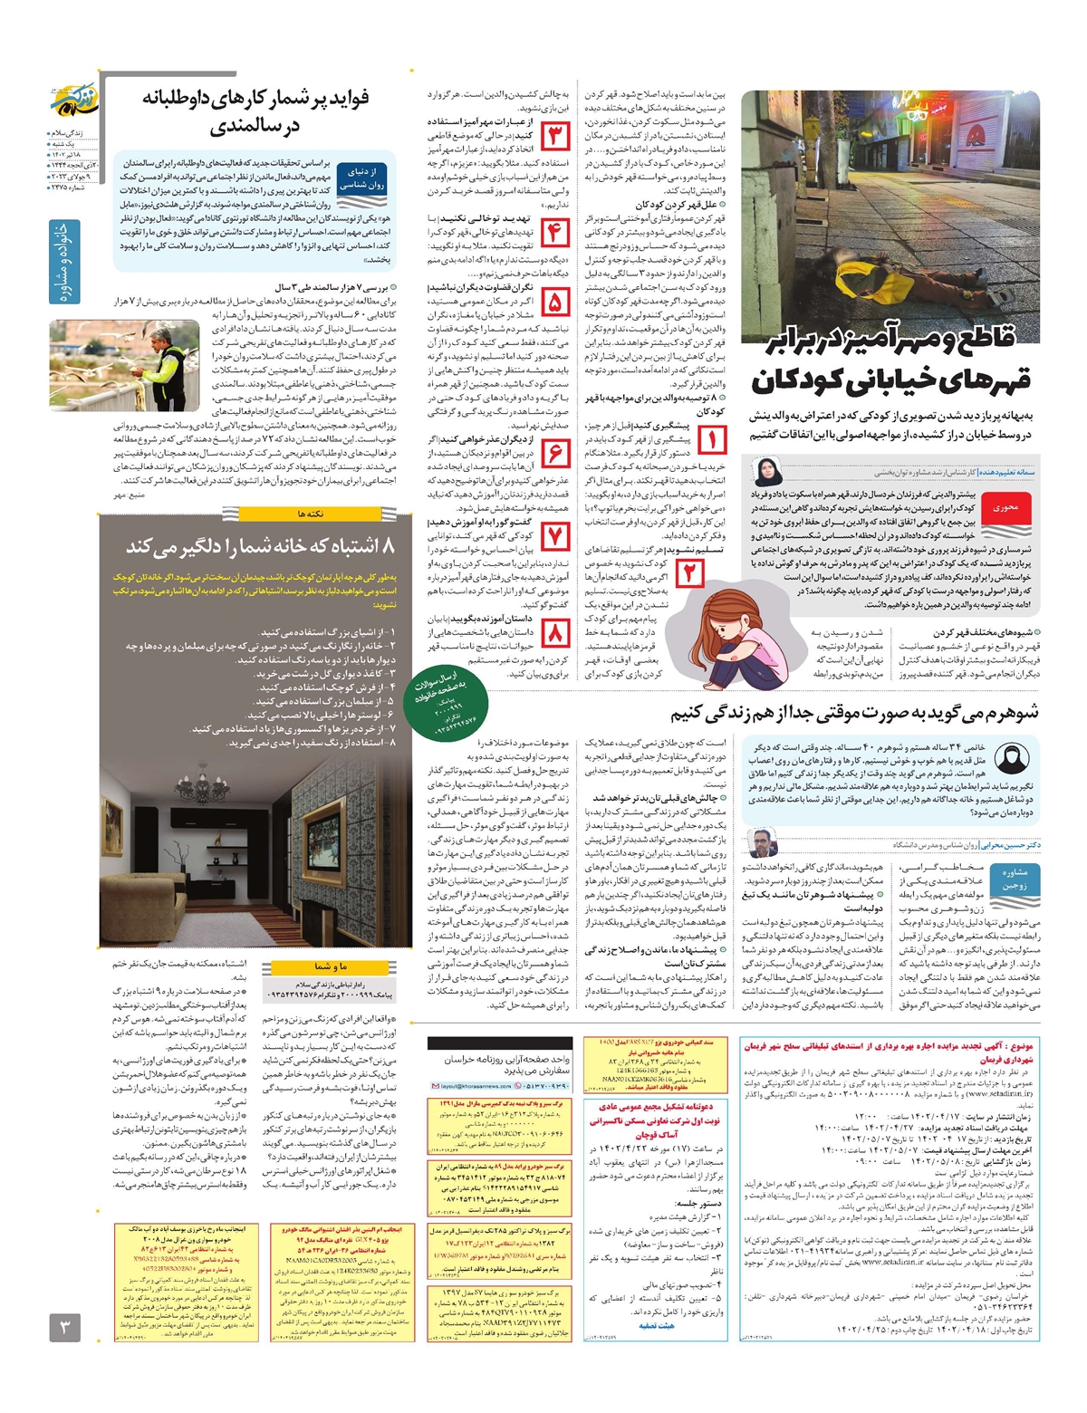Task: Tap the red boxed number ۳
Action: (555, 137)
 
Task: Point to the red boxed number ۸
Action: (555, 631)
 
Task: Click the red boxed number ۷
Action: (555, 538)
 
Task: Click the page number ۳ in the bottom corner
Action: (64, 1329)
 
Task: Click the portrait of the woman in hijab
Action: (766, 472)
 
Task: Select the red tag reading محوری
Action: (1006, 508)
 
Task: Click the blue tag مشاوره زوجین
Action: (1014, 880)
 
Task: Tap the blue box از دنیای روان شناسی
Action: (361, 178)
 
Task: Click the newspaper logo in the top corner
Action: (78, 104)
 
